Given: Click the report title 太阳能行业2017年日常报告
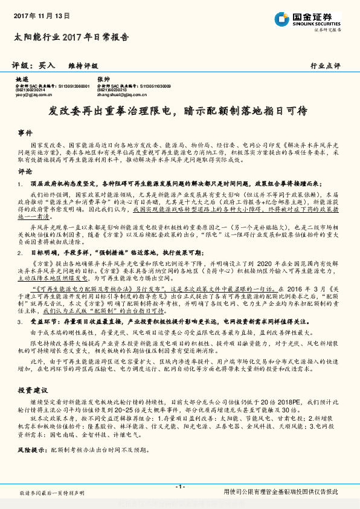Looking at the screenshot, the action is click(71, 37).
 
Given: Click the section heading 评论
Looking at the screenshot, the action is click(25, 171).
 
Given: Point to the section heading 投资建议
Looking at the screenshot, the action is click(32, 391).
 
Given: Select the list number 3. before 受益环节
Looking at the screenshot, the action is click(20, 323).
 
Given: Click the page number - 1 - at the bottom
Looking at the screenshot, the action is click(179, 487).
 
